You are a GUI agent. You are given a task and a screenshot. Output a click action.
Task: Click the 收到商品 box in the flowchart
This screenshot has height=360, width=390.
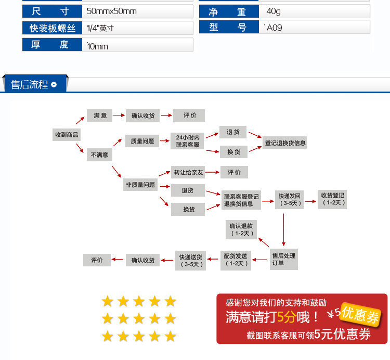click(x=67, y=135)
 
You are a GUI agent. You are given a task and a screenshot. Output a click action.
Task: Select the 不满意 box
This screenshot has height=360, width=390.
click(x=99, y=155)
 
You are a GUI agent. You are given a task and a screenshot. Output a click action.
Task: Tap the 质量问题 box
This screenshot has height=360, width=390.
click(x=142, y=141)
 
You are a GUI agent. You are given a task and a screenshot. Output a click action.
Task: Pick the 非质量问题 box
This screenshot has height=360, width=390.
click(x=140, y=185)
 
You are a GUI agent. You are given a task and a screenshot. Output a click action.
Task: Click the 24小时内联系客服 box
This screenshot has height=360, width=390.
click(x=187, y=141)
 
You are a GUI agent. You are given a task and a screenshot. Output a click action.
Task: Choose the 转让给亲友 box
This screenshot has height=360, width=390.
click(x=188, y=172)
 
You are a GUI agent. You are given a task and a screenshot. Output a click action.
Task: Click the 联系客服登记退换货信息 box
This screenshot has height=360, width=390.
click(x=241, y=200)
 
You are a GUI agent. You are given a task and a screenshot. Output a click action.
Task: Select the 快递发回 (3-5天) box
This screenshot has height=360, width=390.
click(x=289, y=200)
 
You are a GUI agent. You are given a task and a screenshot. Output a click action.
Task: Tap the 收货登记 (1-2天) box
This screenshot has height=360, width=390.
click(x=332, y=199)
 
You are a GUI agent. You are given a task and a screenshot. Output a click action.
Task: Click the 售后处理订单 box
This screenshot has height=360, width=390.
click(x=284, y=259)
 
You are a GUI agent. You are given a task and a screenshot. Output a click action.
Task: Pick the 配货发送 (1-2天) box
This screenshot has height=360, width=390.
click(x=236, y=260)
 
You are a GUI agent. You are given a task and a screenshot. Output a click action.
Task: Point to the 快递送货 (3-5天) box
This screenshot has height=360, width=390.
click(x=191, y=260)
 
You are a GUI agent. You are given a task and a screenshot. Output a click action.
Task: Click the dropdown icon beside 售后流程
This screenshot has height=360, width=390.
click(x=54, y=85)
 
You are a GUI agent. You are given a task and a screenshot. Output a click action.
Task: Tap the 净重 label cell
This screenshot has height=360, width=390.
click(x=229, y=11)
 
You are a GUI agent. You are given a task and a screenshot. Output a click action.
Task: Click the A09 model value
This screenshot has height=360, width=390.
click(x=274, y=28)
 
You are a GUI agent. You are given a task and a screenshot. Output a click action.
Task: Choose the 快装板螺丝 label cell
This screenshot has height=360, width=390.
click(x=52, y=28)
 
